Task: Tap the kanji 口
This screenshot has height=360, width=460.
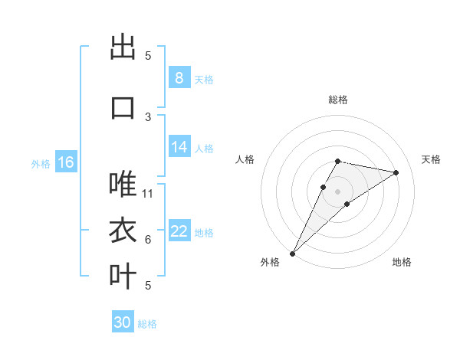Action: (x=123, y=106)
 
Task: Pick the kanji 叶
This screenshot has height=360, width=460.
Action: (x=123, y=277)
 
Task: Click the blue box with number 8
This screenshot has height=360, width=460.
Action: (x=179, y=77)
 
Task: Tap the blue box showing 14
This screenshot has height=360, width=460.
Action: (x=179, y=147)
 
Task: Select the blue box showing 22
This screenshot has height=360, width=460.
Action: (x=179, y=231)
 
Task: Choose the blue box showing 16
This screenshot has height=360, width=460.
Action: (x=65, y=162)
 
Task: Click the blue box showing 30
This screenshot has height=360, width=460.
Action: (x=123, y=322)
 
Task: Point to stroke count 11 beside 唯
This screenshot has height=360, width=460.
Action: (x=149, y=193)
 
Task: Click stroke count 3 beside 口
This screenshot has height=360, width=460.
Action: (x=148, y=116)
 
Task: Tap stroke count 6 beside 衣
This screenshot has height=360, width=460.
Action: (x=148, y=240)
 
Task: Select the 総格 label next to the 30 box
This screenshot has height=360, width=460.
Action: (x=147, y=324)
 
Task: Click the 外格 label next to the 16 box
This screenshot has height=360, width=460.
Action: (x=41, y=164)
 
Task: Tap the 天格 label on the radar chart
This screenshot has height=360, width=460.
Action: (x=432, y=159)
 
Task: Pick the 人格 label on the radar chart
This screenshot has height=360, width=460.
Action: (x=245, y=159)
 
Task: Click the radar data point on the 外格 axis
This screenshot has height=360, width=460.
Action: (x=292, y=253)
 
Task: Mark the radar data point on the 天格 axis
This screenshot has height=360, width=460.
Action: (x=396, y=172)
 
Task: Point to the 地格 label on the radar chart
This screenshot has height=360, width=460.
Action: (x=402, y=262)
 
